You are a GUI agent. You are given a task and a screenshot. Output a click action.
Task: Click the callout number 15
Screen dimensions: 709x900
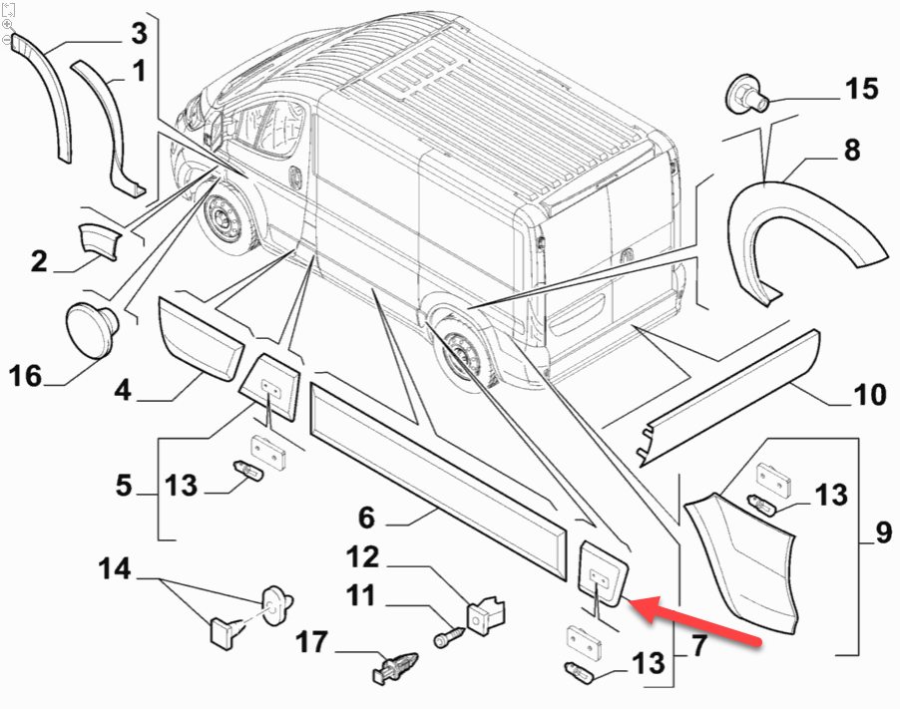862,89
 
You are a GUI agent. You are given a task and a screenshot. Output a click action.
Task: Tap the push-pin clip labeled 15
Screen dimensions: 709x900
742,95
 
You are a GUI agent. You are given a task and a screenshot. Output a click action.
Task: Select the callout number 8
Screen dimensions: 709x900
851,151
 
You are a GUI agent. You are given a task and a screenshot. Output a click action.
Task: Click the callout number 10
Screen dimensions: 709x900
870,395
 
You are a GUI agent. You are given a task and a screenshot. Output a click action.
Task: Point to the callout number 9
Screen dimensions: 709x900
883,533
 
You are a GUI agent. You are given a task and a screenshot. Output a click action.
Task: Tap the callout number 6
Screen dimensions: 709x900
366,518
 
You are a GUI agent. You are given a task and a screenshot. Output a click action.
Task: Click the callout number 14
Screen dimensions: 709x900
115,569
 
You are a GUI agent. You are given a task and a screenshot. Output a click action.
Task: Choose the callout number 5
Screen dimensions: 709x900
124,487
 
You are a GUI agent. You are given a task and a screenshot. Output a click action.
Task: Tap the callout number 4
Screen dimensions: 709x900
122,389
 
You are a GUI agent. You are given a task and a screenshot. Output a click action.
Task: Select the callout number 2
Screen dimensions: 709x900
39,261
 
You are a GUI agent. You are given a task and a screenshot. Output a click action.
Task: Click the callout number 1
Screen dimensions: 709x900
138,71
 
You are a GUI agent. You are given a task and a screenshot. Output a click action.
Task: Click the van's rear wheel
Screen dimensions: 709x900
462,352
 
